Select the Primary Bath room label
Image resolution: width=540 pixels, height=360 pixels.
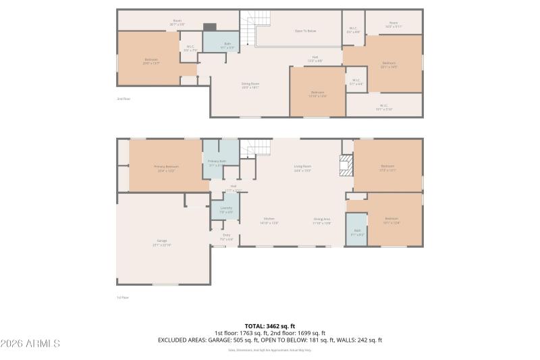click(x=217, y=162)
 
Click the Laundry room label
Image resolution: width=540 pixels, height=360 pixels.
click(x=226, y=209)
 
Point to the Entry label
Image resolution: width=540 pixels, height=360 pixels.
click(x=227, y=236)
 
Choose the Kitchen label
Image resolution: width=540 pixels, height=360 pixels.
click(x=269, y=220)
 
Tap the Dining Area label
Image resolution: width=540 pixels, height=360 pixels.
click(x=322, y=220)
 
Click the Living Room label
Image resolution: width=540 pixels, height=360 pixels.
click(x=302, y=168)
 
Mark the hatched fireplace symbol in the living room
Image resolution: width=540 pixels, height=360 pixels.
click(x=346, y=165)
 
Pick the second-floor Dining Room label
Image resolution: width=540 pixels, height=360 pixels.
click(x=250, y=86)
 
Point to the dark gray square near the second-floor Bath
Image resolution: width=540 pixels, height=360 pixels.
click(x=210, y=28)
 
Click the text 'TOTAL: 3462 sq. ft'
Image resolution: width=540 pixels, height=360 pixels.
click(x=270, y=326)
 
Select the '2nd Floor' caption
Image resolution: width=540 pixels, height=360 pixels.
click(x=123, y=99)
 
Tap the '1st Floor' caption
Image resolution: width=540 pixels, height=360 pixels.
click(x=123, y=297)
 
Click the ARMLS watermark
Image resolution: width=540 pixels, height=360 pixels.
click(x=31, y=344)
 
